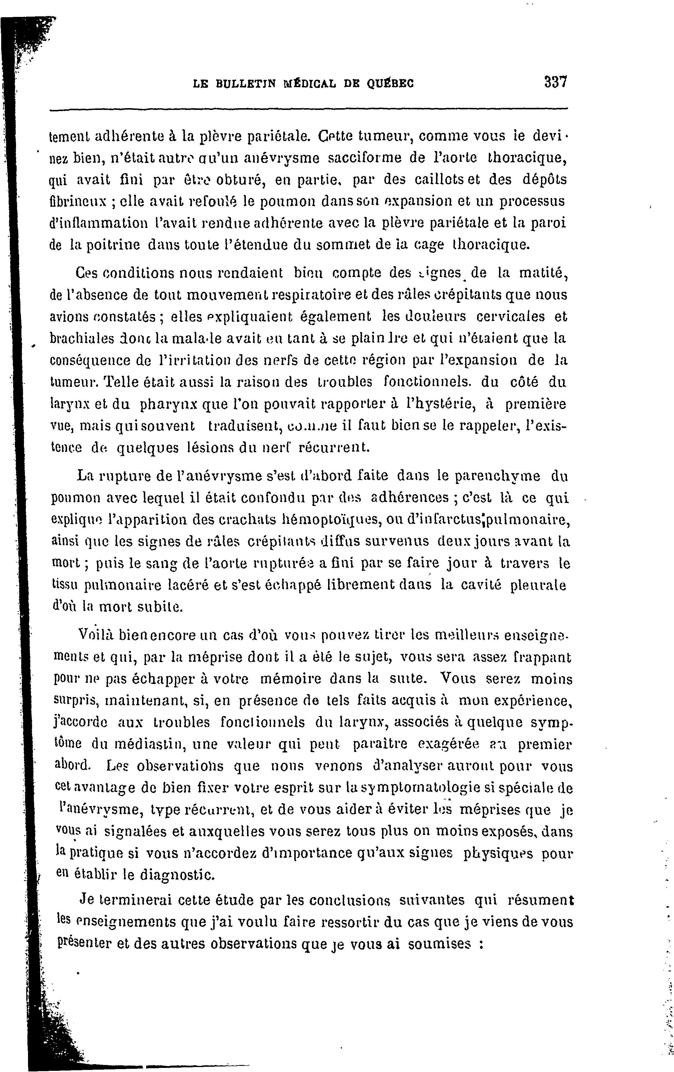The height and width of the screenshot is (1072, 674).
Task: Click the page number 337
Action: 555,83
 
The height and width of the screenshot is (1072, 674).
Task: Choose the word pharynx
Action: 169,405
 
